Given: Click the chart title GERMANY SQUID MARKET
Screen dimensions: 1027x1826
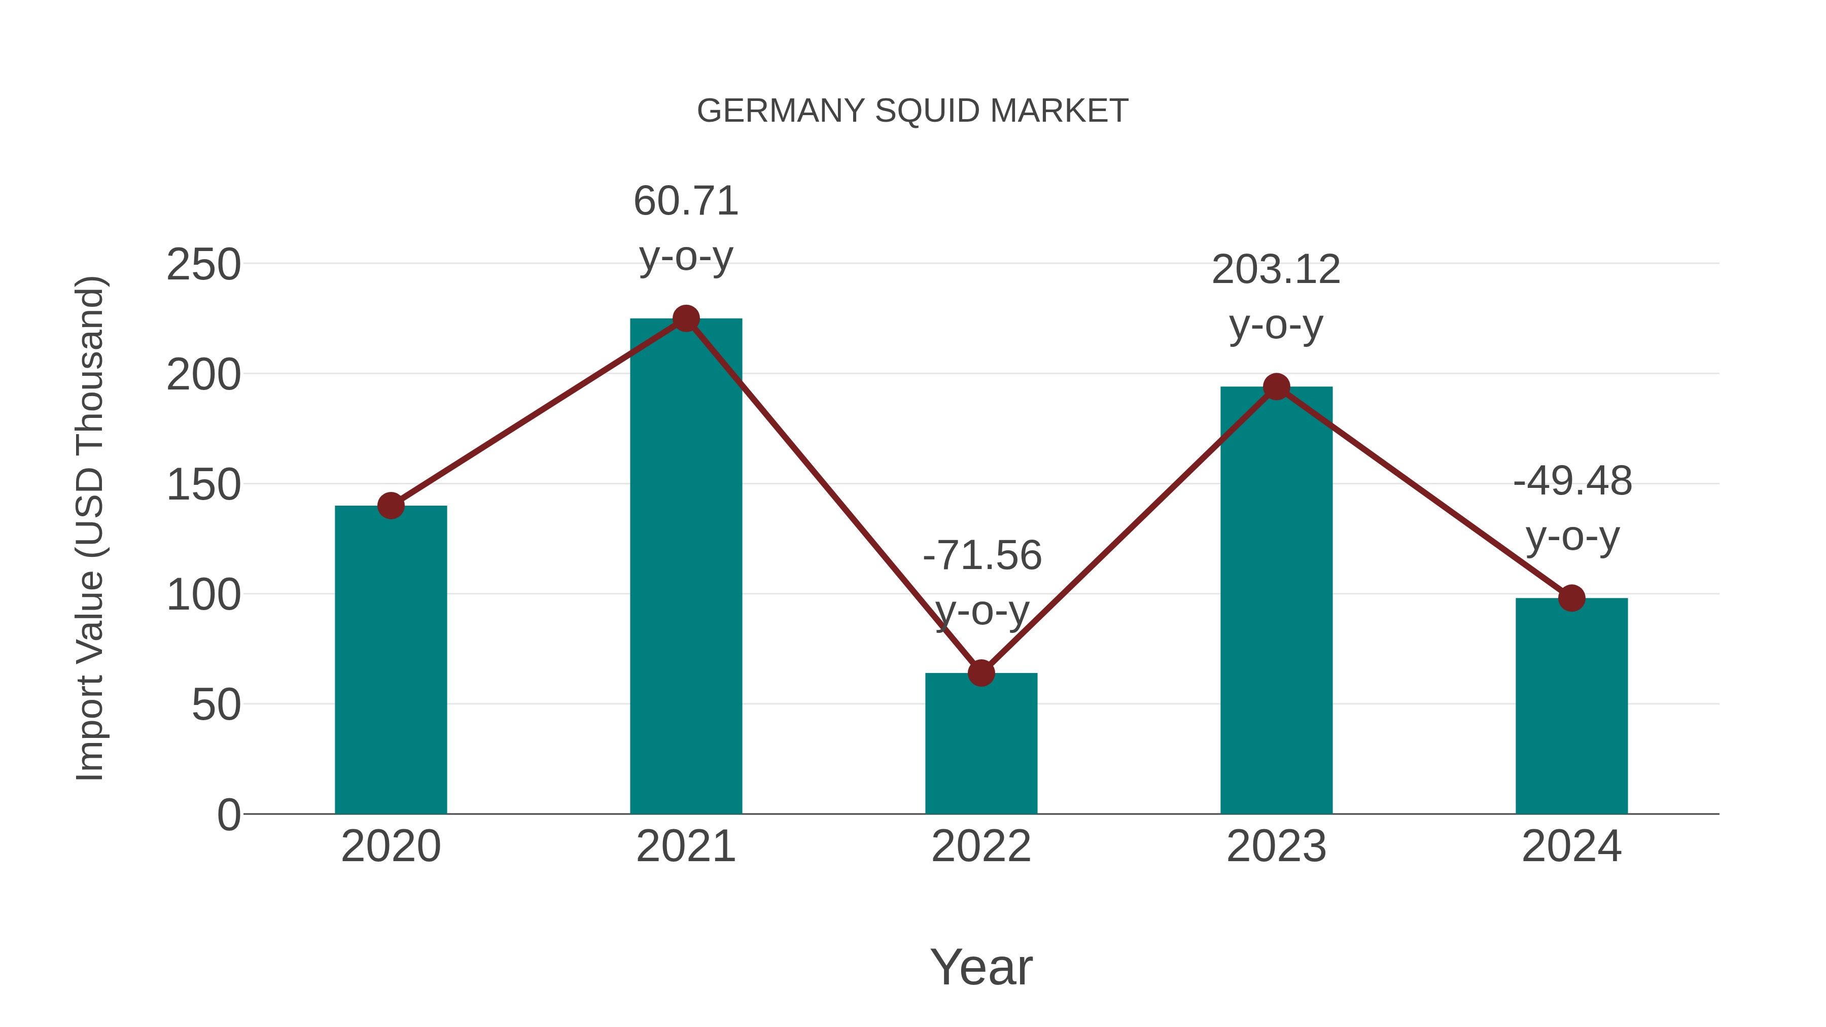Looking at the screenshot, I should coord(912,111).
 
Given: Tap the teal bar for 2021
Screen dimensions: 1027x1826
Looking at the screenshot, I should coord(685,567).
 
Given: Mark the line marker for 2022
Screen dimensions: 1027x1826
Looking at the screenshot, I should coord(981,672).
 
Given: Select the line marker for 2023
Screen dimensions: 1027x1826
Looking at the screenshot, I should coord(1276,387).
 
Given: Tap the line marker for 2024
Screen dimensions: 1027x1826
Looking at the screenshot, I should coord(1571,598).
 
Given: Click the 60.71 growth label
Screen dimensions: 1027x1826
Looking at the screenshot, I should coord(685,201).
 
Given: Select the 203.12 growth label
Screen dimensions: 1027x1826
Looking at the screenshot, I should coord(1276,270).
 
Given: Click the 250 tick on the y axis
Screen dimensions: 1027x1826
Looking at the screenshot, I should coord(203,265).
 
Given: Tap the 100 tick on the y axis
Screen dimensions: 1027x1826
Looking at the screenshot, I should coord(203,595).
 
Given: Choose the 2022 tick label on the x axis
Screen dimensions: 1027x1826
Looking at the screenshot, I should coord(981,846).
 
